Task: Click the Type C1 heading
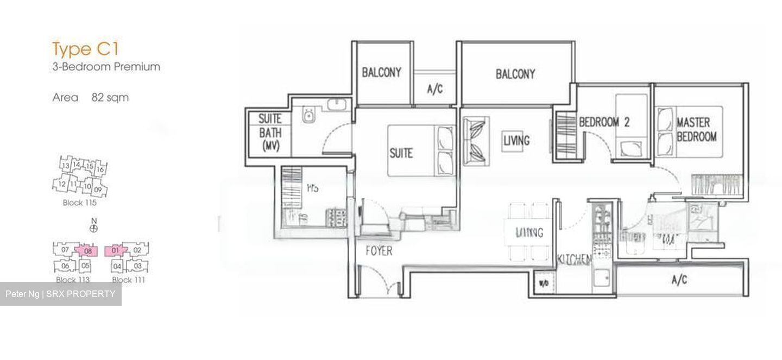pyautogui.click(x=85, y=49)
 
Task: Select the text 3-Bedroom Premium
pyautogui.click(x=106, y=67)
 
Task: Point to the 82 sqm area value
pyautogui.click(x=110, y=98)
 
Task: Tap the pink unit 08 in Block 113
pyautogui.click(x=87, y=251)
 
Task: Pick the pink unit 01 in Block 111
pyautogui.click(x=115, y=251)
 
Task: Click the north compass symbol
pyautogui.click(x=94, y=228)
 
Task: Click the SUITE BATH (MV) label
pyautogui.click(x=269, y=132)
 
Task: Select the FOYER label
pyautogui.click(x=379, y=251)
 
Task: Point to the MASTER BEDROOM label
pyautogui.click(x=696, y=130)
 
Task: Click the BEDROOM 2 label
pyautogui.click(x=604, y=122)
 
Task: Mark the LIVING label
pyautogui.click(x=516, y=141)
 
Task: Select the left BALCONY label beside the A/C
pyautogui.click(x=381, y=72)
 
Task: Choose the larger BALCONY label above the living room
pyautogui.click(x=515, y=74)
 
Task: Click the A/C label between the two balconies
pyautogui.click(x=434, y=90)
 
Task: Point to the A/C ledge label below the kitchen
pyautogui.click(x=679, y=280)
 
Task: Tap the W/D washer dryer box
pyautogui.click(x=543, y=282)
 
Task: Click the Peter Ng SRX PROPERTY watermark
pyautogui.click(x=60, y=294)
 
